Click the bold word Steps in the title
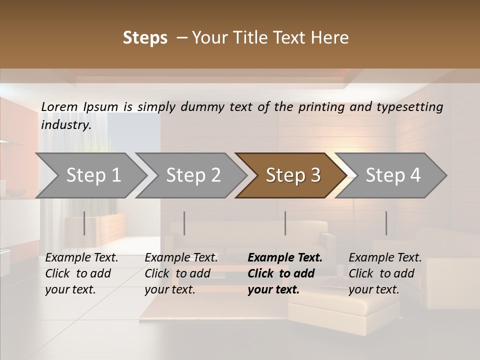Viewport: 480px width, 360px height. [x=145, y=38]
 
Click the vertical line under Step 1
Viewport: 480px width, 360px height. [x=84, y=223]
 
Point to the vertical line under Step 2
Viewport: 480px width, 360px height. [x=184, y=223]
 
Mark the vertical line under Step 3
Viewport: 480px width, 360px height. [x=285, y=223]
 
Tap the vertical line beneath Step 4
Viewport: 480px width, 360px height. [x=386, y=223]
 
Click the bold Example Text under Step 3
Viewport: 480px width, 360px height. [x=285, y=258]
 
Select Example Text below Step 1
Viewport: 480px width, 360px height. [x=81, y=258]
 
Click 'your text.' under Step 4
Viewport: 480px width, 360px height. [x=373, y=289]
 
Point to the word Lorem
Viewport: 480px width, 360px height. [x=59, y=106]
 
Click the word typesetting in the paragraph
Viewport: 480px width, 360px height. [x=411, y=106]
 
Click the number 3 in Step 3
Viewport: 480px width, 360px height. [x=314, y=175]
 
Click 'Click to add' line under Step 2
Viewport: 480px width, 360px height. [x=177, y=273]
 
